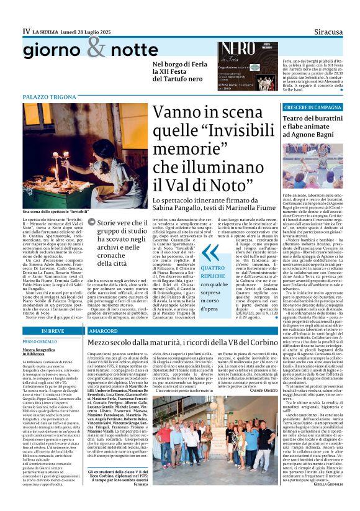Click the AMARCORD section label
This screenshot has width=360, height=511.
pos(102,332)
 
